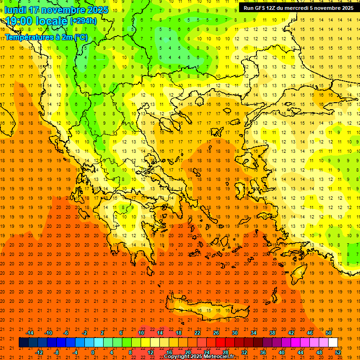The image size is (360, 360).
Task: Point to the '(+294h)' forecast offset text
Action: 83,21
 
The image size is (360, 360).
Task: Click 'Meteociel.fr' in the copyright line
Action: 221,357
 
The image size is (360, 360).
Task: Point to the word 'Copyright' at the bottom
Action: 178,357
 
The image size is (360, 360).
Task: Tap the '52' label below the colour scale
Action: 338,352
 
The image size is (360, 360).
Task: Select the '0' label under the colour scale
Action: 93,352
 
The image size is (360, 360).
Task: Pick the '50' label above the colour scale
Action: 328,333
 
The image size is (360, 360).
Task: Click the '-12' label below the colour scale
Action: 39,352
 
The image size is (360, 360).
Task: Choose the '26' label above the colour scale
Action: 216,333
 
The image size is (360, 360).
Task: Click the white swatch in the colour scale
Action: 333,343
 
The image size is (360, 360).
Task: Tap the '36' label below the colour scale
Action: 263,352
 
